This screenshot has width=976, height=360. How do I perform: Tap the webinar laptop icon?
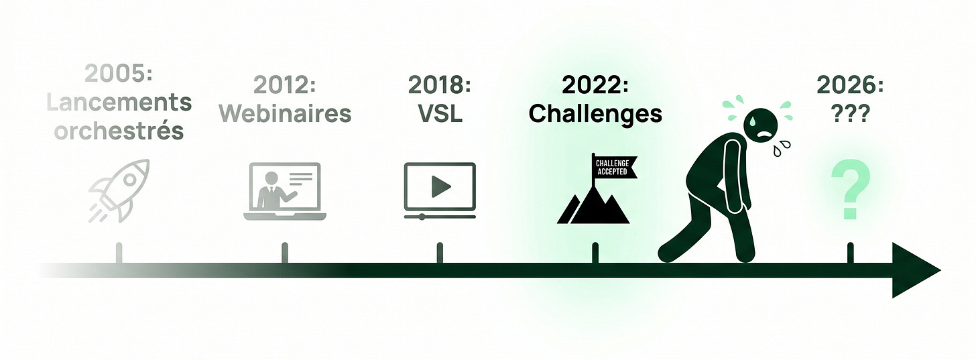pyautogui.click(x=284, y=191)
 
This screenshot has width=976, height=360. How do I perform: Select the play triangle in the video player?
pyautogui.click(x=440, y=187)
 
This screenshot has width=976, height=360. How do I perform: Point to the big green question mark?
pyautogui.click(x=851, y=190)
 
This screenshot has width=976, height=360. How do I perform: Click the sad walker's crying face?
pyautogui.click(x=761, y=125)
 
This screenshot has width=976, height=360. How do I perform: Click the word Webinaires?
pyautogui.click(x=285, y=113)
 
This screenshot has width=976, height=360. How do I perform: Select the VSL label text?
pyautogui.click(x=440, y=113)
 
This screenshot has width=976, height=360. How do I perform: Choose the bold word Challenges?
pyautogui.click(x=595, y=113)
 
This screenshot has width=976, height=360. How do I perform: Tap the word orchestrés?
pyautogui.click(x=119, y=131)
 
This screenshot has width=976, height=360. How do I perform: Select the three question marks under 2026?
pyautogui.click(x=850, y=113)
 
